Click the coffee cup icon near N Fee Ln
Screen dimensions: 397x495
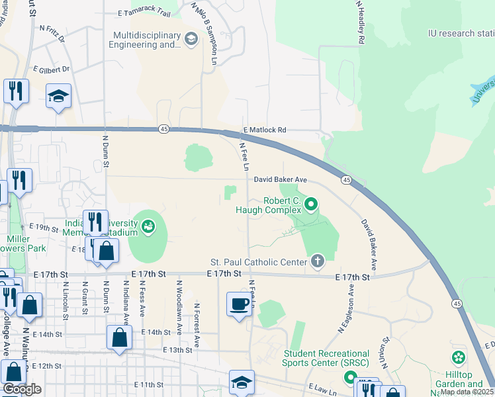240,304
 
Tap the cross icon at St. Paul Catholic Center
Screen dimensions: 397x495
318,261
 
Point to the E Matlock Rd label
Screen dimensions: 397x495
265,130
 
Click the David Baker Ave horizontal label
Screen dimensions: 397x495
281,179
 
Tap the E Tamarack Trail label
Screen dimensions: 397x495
144,13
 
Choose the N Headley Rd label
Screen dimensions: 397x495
361,22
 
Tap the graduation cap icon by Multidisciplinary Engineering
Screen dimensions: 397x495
191,39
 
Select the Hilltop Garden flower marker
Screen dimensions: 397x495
458,358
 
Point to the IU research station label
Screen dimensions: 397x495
461,32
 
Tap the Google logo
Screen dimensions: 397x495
22,389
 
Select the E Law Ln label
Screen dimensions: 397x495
322,390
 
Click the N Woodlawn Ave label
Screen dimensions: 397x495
179,298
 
